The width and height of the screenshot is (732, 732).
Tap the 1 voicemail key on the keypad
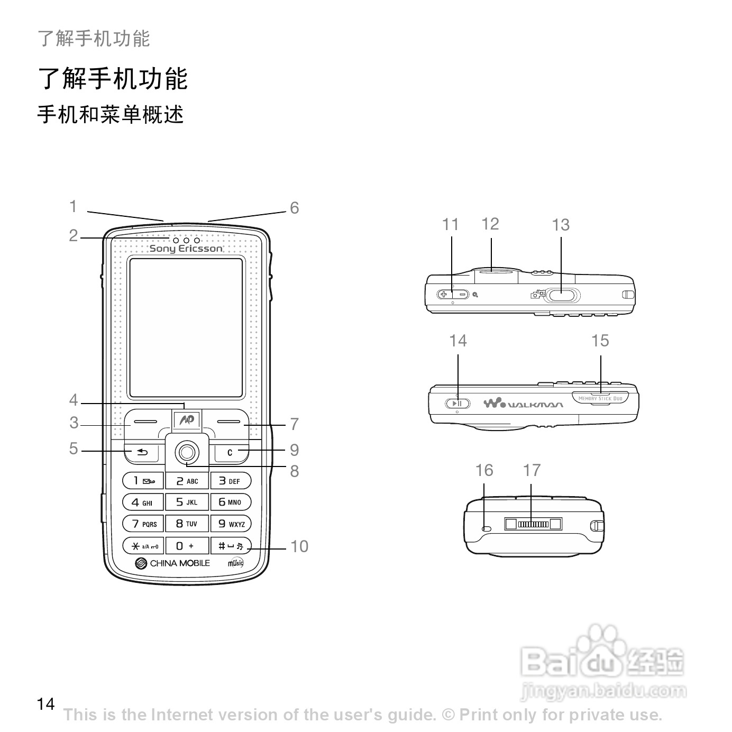[x=143, y=481]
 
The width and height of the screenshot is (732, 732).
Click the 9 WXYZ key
[x=231, y=524]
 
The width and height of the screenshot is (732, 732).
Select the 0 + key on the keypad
[x=186, y=545]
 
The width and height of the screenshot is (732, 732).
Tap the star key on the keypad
[x=143, y=545]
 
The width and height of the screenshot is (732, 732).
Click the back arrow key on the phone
[x=142, y=452]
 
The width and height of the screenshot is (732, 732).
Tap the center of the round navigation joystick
[x=186, y=452]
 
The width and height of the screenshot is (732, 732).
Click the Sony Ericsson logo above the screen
[x=186, y=249]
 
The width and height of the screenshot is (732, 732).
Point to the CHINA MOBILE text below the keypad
[x=179, y=563]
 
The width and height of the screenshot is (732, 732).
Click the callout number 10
[x=299, y=546]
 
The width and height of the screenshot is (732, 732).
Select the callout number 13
[x=561, y=225]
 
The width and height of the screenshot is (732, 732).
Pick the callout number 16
[x=484, y=470]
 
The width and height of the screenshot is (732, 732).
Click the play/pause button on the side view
[x=458, y=404]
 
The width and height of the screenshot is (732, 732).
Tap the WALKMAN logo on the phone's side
[x=523, y=405]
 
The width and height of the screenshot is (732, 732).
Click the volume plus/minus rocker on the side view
[x=453, y=294]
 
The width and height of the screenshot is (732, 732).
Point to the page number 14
[x=46, y=704]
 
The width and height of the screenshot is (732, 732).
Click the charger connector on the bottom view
[x=533, y=524]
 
